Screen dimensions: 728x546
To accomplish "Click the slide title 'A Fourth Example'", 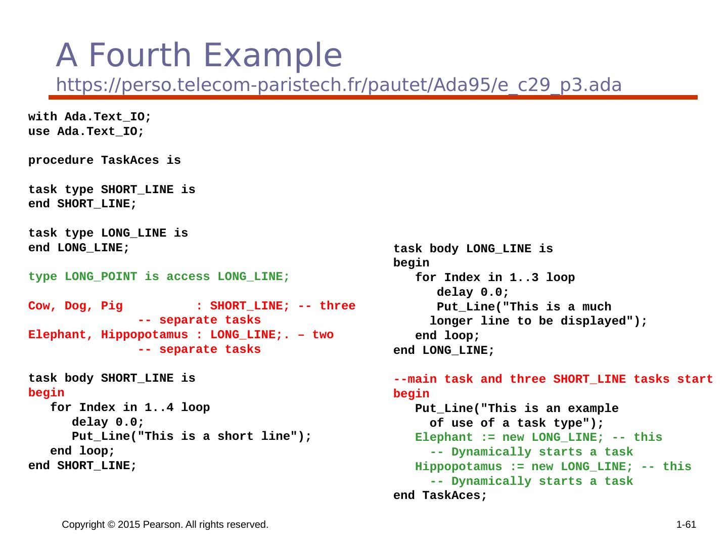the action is (x=199, y=55).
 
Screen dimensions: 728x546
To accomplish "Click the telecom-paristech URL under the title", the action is (x=338, y=85).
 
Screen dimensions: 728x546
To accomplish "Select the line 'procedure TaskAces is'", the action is (x=104, y=161).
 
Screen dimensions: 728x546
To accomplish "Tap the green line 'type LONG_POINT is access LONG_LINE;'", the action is (x=159, y=277).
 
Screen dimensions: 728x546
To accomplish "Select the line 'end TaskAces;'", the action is (x=440, y=496).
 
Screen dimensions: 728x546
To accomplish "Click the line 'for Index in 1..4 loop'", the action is (x=130, y=407).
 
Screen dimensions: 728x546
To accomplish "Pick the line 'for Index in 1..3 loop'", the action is (x=494, y=278).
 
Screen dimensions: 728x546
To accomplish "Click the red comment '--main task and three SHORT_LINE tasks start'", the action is (x=553, y=380).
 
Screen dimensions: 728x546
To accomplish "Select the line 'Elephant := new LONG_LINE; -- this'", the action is (x=538, y=438).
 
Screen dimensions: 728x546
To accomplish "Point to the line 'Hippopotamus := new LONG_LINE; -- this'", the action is (x=553, y=467).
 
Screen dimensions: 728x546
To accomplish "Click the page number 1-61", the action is (x=686, y=525).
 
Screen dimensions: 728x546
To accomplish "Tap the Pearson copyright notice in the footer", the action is (x=165, y=525).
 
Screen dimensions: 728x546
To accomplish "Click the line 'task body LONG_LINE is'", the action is (x=473, y=249).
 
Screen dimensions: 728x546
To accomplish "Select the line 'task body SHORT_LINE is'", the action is (x=112, y=379).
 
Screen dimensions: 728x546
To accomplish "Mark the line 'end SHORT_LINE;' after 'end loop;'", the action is (x=82, y=466).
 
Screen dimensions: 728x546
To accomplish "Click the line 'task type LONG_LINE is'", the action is (x=108, y=234).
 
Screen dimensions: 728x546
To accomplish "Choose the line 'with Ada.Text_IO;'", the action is (x=89, y=117).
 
